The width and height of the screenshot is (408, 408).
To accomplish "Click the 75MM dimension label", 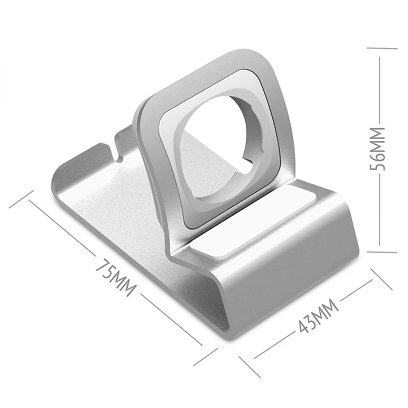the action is [x=116, y=276].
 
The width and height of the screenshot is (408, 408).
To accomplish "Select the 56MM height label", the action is [x=377, y=149].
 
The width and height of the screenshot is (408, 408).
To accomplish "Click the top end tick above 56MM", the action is [x=382, y=48].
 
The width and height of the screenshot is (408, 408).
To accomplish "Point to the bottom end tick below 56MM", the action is [x=382, y=252].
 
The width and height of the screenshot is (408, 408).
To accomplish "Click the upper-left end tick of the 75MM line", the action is [x=21, y=199].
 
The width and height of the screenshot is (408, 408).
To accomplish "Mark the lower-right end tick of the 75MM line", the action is [x=206, y=357].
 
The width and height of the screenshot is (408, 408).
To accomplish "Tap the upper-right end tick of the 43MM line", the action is [x=381, y=279].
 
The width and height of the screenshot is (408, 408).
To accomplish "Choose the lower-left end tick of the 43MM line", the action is [x=250, y=367].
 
